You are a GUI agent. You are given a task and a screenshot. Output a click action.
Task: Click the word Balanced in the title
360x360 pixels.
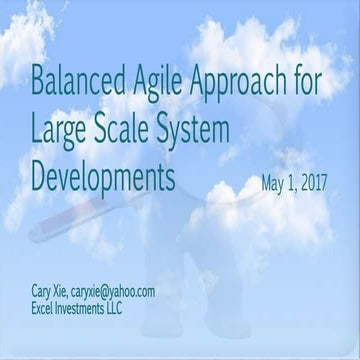[x=76, y=81]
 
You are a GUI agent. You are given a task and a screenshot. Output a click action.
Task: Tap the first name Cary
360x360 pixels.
[x=43, y=291]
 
